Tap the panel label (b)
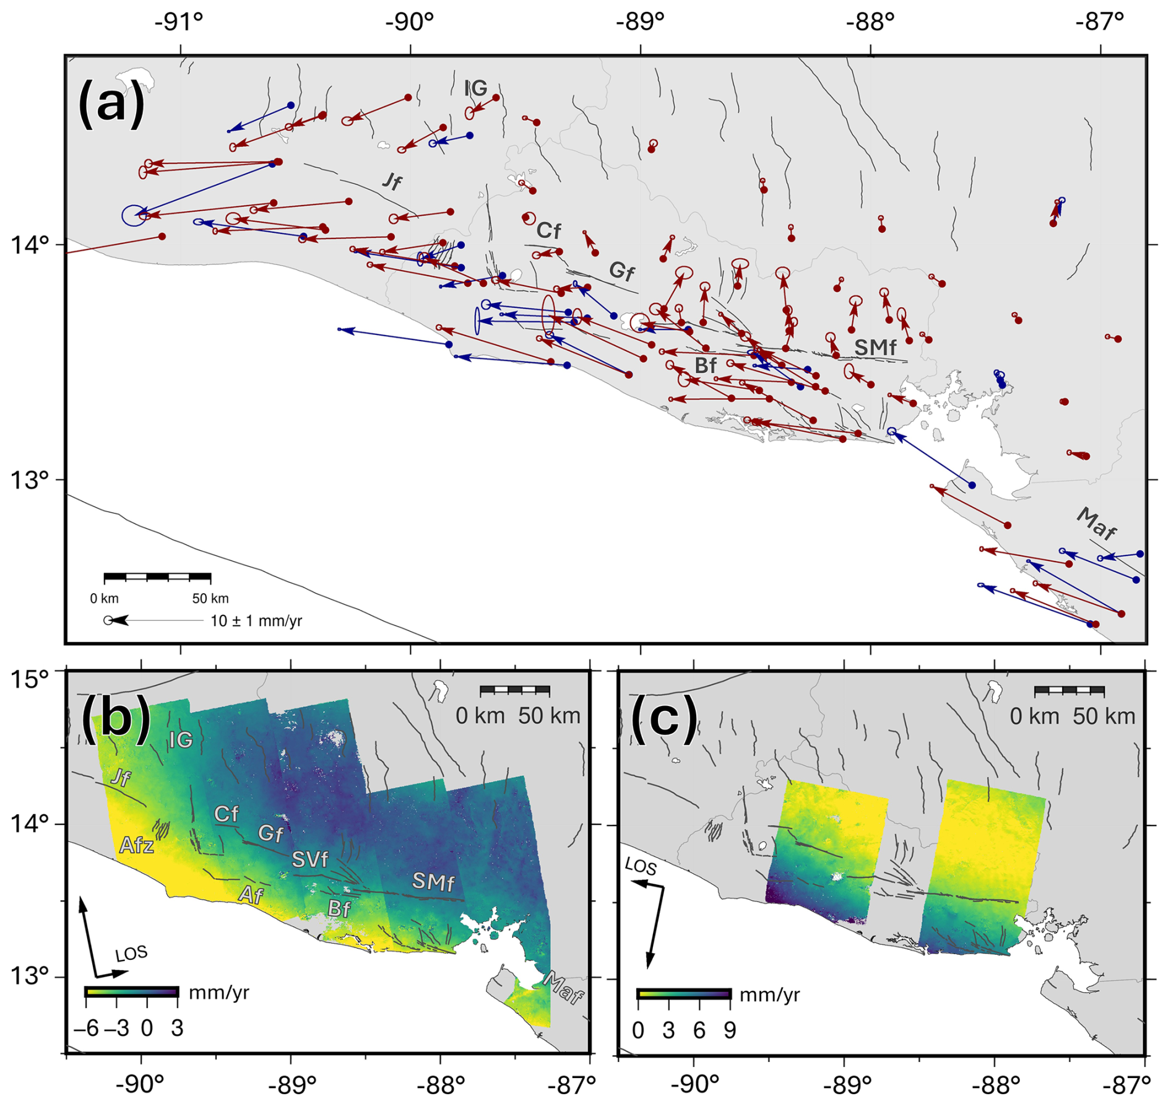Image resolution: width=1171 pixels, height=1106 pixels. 116,717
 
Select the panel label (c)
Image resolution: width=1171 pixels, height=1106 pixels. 664,717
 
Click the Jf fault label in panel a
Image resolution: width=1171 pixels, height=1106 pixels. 391,181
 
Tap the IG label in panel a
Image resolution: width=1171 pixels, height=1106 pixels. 475,89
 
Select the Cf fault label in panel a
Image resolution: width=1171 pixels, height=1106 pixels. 548,230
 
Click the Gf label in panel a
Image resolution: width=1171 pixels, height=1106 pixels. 621,271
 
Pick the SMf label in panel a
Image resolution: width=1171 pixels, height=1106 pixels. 875,347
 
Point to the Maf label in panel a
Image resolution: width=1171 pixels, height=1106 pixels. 1097,523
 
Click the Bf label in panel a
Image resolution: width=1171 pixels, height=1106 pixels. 705,365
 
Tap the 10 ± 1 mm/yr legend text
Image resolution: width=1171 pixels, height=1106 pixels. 256,620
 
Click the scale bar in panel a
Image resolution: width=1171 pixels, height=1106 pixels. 157,577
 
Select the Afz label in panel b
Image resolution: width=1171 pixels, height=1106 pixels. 136,845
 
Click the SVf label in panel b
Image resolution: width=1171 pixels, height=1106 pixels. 309,859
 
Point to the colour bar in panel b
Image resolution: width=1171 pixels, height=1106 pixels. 132,991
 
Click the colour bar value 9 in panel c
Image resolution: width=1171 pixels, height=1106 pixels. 730,1030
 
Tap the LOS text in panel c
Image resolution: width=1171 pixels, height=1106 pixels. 641,867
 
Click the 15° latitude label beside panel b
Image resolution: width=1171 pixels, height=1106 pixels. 29,679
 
